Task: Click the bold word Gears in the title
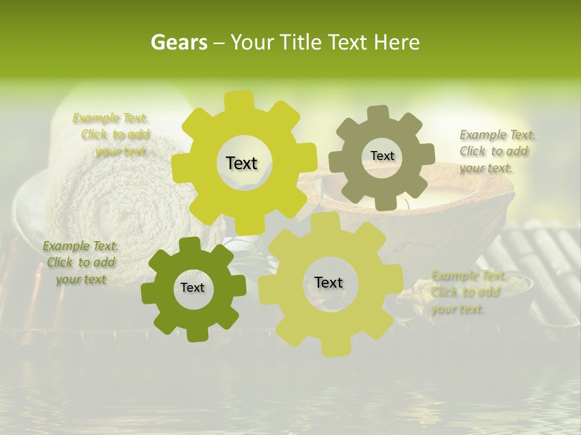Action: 179,42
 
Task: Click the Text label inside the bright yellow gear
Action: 241,163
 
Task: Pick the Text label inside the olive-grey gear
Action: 382,156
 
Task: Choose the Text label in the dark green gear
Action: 192,288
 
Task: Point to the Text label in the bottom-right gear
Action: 329,282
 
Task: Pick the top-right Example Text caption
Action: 496,151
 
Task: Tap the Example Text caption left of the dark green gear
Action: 80,262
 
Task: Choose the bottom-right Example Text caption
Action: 465,292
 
